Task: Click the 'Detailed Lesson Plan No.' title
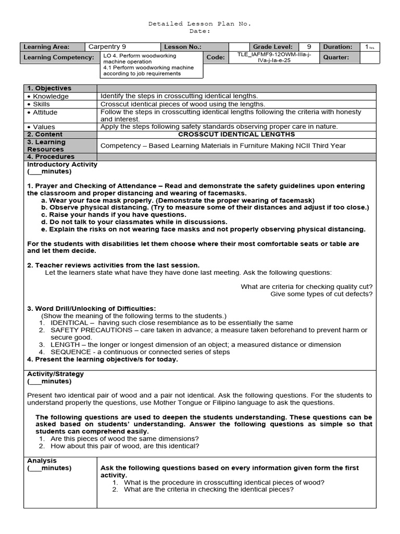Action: point(200,24)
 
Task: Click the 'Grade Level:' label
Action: point(272,46)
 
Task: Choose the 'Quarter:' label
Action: point(336,57)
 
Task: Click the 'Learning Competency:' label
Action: point(59,57)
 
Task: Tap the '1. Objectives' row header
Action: point(49,88)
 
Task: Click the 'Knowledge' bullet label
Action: point(51,96)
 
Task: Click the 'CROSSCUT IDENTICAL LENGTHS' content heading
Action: point(236,134)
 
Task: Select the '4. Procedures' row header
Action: point(51,156)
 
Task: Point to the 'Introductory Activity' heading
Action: point(62,164)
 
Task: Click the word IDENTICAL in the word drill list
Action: point(69,323)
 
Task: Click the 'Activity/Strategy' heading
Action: point(55,374)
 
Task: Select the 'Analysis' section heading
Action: point(42,460)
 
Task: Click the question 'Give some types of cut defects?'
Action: point(321,294)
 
